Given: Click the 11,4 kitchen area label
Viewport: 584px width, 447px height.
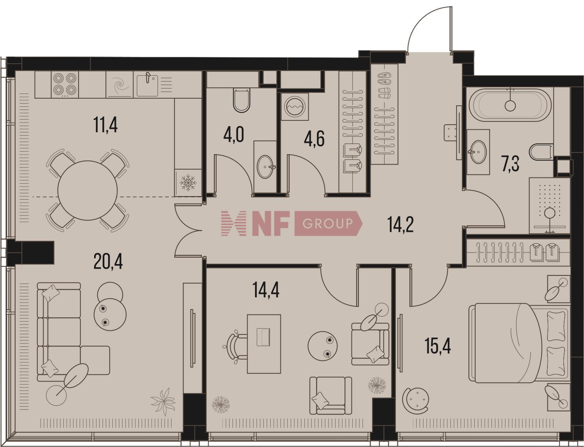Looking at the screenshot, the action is pyautogui.click(x=106, y=125).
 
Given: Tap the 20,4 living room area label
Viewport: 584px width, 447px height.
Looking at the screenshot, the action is pyautogui.click(x=108, y=261).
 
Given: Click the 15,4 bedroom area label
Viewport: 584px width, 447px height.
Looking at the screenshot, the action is pyautogui.click(x=438, y=346).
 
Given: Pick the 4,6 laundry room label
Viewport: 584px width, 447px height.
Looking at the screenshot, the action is pyautogui.click(x=314, y=138).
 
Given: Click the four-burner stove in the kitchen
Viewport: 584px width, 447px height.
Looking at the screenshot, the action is pyautogui.click(x=65, y=84).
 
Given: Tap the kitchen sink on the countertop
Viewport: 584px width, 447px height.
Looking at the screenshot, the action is pyautogui.click(x=147, y=84).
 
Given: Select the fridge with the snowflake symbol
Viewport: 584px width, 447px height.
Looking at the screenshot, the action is pyautogui.click(x=188, y=183).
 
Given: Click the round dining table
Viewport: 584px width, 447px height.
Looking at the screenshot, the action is pyautogui.click(x=88, y=190).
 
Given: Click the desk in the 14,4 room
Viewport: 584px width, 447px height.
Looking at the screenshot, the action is pyautogui.click(x=264, y=344).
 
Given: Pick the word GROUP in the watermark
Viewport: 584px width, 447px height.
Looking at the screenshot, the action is pyautogui.click(x=327, y=223).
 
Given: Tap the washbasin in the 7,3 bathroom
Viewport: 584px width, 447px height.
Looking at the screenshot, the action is pyautogui.click(x=478, y=152).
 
